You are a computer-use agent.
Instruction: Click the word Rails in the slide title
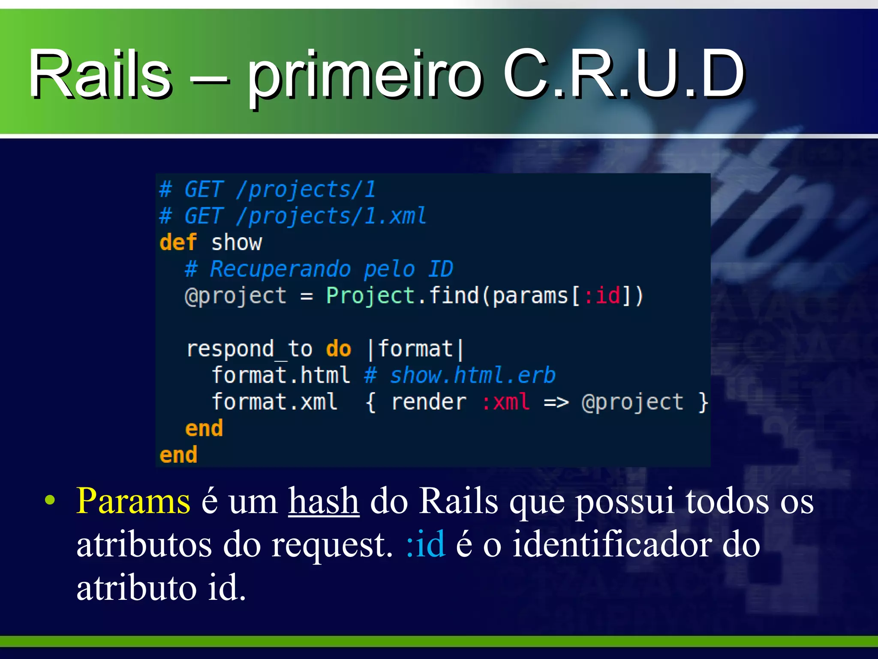(100, 74)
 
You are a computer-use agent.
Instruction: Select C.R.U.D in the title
(624, 74)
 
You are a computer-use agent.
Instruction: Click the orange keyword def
(178, 242)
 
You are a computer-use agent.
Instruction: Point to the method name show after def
(236, 242)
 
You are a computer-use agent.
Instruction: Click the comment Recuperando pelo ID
(331, 269)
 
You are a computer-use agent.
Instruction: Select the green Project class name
(370, 296)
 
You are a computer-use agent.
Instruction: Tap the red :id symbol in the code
(602, 296)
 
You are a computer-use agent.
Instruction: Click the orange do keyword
(338, 349)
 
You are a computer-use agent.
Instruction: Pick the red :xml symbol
(506, 402)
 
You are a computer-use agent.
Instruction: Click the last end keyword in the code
(178, 455)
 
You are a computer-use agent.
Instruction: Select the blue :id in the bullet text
(426, 544)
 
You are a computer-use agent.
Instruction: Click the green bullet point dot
(50, 500)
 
